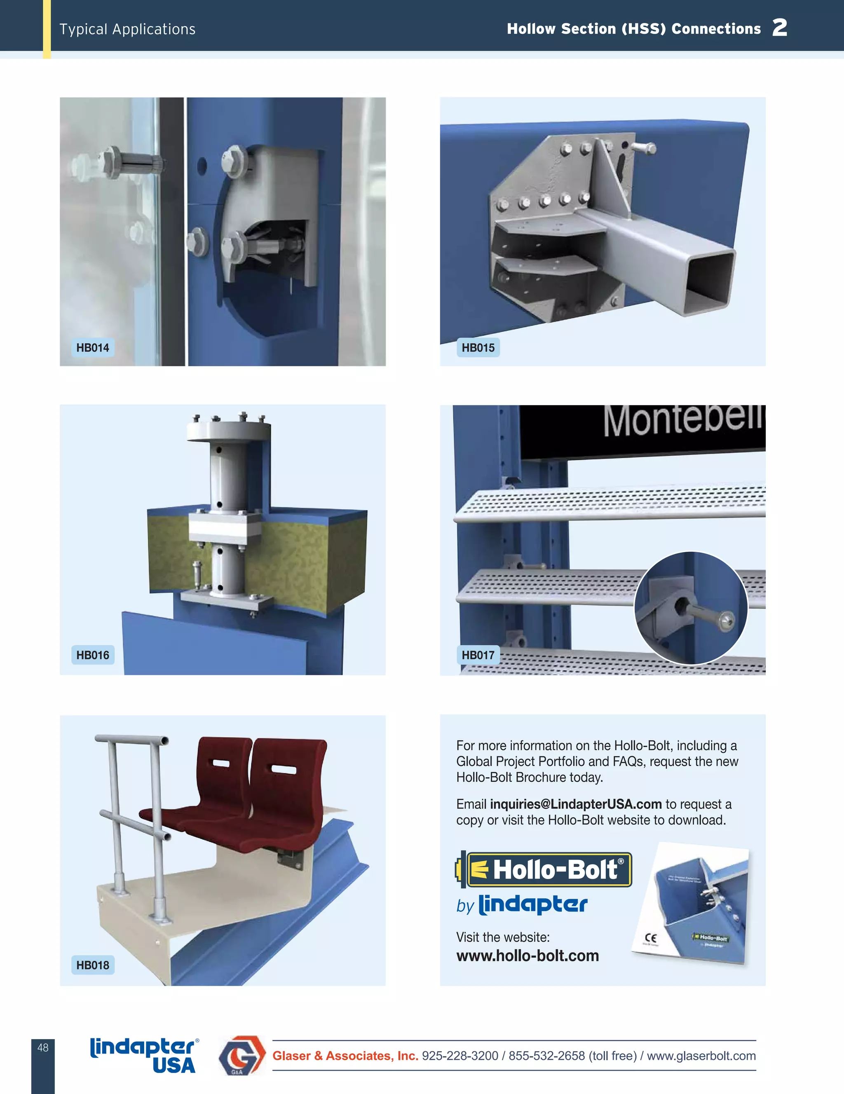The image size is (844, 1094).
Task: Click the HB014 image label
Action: (93, 348)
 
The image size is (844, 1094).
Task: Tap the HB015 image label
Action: (478, 348)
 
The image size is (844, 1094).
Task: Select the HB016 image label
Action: (93, 655)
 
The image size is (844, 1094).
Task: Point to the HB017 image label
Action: (478, 655)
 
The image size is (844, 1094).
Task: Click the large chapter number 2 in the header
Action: (779, 28)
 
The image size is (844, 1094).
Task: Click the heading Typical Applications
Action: (127, 29)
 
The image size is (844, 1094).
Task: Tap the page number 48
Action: (43, 1047)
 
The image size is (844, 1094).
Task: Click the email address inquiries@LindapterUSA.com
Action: (576, 804)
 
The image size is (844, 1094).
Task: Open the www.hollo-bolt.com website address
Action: (527, 955)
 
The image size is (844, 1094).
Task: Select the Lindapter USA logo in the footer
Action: (144, 1055)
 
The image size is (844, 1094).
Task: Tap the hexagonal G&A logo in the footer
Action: (241, 1055)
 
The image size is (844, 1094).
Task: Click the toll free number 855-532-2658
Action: (546, 1056)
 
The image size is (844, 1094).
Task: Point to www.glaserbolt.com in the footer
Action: (701, 1056)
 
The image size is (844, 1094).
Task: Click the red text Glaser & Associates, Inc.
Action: (345, 1056)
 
